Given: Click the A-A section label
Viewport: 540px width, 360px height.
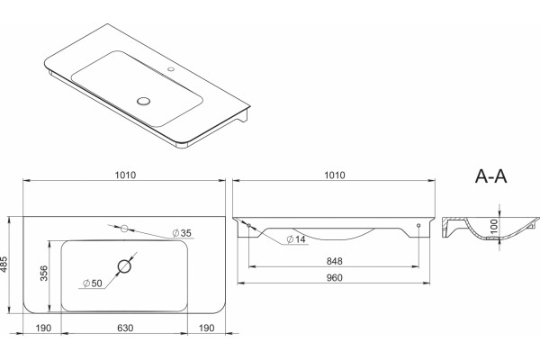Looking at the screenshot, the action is [490, 176].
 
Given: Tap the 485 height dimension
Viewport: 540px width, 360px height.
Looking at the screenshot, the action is [4, 265].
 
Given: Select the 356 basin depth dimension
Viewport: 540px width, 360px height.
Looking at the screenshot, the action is [44, 273].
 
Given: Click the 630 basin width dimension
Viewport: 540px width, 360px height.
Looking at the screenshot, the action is [125, 328].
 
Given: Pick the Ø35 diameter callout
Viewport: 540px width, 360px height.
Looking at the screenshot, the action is [182, 233].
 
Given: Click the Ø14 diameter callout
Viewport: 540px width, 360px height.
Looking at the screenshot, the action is [296, 239].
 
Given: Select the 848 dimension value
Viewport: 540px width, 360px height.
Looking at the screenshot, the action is [335, 261].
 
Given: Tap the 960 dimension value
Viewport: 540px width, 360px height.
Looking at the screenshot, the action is [335, 277].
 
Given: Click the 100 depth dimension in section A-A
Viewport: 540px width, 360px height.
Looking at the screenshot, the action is [494, 226].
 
